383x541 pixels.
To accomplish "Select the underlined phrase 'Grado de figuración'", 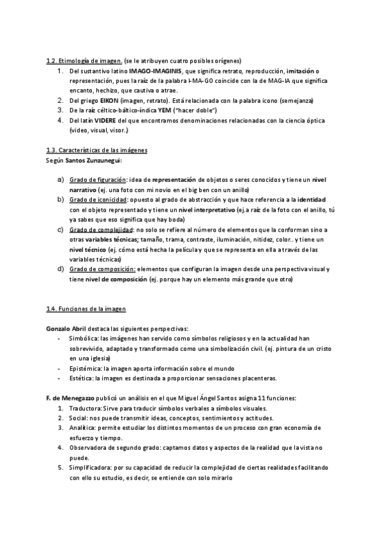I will [x=98, y=180].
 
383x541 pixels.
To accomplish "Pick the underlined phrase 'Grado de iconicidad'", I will [x=98, y=200].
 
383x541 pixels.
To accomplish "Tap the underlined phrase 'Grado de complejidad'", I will [x=101, y=229].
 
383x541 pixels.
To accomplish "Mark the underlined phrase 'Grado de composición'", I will [x=102, y=269].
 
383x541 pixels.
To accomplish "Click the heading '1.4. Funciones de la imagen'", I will [x=86, y=309].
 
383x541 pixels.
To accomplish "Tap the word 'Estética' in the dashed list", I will [x=81, y=378].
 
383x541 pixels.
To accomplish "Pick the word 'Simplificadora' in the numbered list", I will [x=91, y=467].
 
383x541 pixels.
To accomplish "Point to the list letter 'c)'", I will [x=60, y=229].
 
